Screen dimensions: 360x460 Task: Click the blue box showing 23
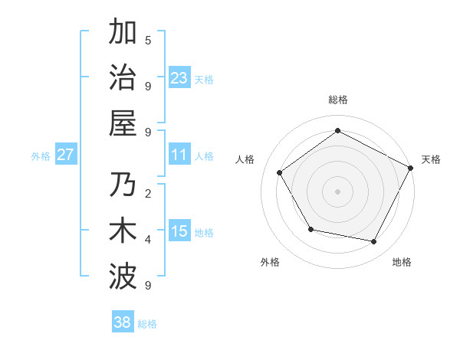pos(179,77)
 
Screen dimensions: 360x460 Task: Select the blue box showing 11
pos(179,155)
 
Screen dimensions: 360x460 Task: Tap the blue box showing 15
pos(179,231)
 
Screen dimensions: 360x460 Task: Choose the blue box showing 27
pos(65,155)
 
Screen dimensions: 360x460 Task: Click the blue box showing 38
pos(123,322)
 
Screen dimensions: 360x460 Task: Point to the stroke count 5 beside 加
pos(148,40)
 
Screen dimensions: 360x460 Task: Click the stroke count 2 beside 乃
pos(148,193)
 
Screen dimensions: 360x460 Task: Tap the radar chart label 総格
pos(337,100)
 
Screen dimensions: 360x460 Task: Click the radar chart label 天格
pos(431,159)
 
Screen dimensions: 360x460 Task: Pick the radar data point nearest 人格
pos(280,173)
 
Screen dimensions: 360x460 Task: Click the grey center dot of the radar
pos(337,191)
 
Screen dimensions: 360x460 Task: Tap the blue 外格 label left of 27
pos(41,155)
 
